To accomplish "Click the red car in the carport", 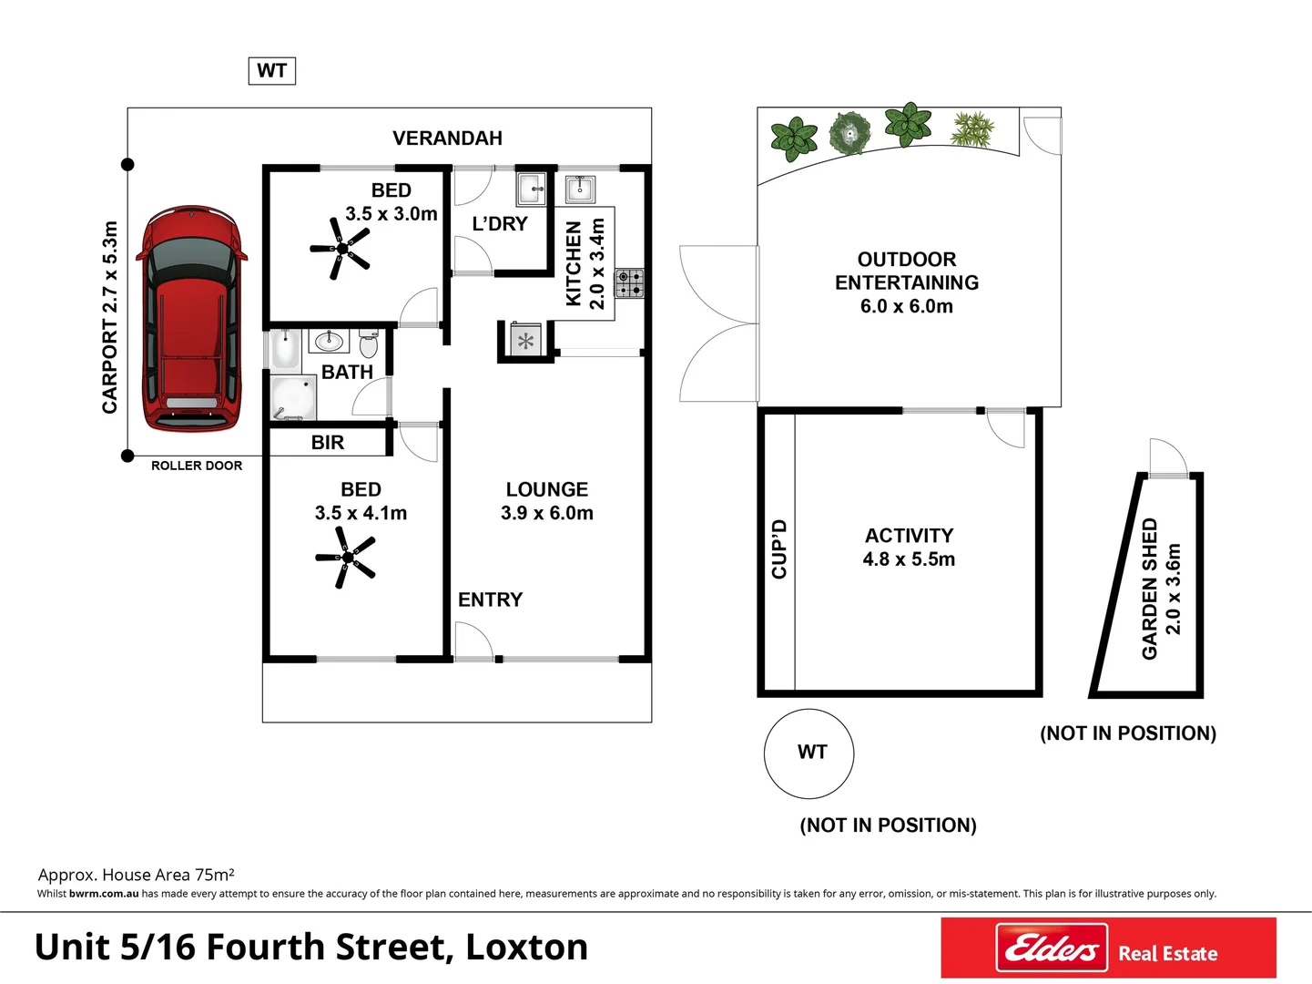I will coord(190,318).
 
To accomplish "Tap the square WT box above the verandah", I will coord(271,71).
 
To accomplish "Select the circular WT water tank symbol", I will coord(809,753).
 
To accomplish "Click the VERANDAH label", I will coord(447,138).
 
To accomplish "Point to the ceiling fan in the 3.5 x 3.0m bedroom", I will coord(341,249).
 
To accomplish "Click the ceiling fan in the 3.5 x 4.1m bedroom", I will coord(346,558).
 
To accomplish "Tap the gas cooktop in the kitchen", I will coord(629,283).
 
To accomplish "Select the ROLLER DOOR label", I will coord(197,466).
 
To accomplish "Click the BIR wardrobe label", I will coord(328,443).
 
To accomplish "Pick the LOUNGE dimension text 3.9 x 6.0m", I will coord(547,513).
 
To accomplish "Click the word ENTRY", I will coord(490,600).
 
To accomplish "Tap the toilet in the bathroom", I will coord(369,343).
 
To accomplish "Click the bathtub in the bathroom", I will coord(285,350).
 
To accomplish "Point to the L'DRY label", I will coord(500,224).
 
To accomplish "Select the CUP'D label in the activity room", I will coord(779,548).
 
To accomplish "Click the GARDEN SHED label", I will coord(1150,589).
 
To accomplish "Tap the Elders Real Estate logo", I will coord(1108,948).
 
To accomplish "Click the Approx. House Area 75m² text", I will coord(137,875).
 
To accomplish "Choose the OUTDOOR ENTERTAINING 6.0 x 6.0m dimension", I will coord(906,306).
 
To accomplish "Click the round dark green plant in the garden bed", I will coord(850,134).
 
